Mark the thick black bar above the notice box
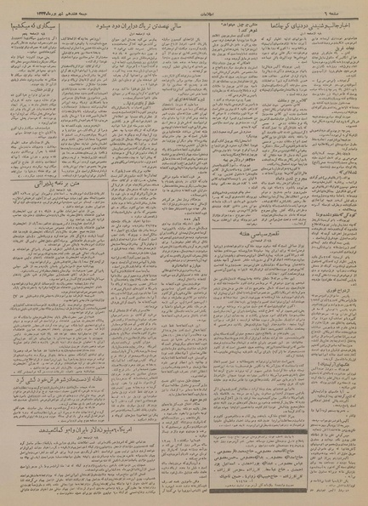coord(286,432)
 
